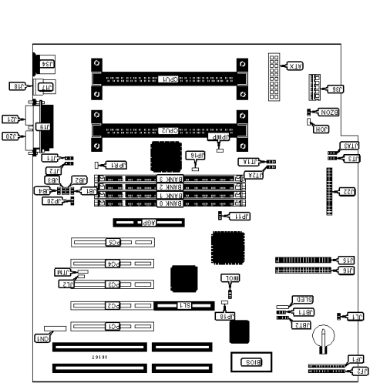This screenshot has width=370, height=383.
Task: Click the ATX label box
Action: (x=294, y=66)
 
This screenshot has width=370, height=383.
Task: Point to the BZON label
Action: (x=328, y=113)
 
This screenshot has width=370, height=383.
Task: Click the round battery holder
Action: (x=327, y=337)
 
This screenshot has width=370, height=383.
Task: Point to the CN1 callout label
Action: (x=42, y=338)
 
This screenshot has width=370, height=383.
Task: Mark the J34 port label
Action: (x=45, y=65)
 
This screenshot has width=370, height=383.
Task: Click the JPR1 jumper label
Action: (x=116, y=165)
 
